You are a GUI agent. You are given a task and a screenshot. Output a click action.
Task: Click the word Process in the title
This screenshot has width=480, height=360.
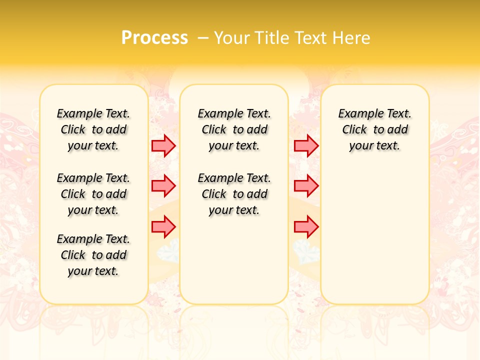click(154, 37)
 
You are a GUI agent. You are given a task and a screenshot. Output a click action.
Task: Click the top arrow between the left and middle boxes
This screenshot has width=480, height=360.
click(163, 145)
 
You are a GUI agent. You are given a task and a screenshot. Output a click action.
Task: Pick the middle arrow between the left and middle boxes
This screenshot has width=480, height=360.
click(163, 186)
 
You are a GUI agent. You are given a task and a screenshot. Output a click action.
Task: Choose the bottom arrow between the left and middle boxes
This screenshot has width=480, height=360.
click(163, 227)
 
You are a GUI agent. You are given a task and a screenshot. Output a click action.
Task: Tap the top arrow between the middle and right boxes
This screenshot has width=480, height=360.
click(306, 145)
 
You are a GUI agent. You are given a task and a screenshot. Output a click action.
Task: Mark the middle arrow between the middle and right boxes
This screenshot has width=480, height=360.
click(306, 186)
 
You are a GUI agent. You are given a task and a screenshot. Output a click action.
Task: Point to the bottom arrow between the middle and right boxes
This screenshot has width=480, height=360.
click(306, 227)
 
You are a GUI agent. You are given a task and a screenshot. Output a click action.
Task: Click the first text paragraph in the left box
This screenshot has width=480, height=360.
click(93, 129)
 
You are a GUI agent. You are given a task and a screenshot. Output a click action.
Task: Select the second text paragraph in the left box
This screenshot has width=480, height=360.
click(93, 194)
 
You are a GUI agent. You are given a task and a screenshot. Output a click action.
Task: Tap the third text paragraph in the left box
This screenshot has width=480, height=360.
click(93, 255)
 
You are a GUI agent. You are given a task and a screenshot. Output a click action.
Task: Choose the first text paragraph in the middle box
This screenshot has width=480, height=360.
click(234, 129)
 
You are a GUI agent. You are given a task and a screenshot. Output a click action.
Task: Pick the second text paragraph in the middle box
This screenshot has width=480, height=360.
click(234, 194)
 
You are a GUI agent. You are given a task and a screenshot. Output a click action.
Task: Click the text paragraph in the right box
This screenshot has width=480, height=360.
click(374, 129)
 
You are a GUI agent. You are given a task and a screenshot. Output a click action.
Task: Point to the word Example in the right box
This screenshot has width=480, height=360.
click(357, 114)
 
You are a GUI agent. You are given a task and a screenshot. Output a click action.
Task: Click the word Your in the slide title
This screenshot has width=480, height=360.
click(232, 38)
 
